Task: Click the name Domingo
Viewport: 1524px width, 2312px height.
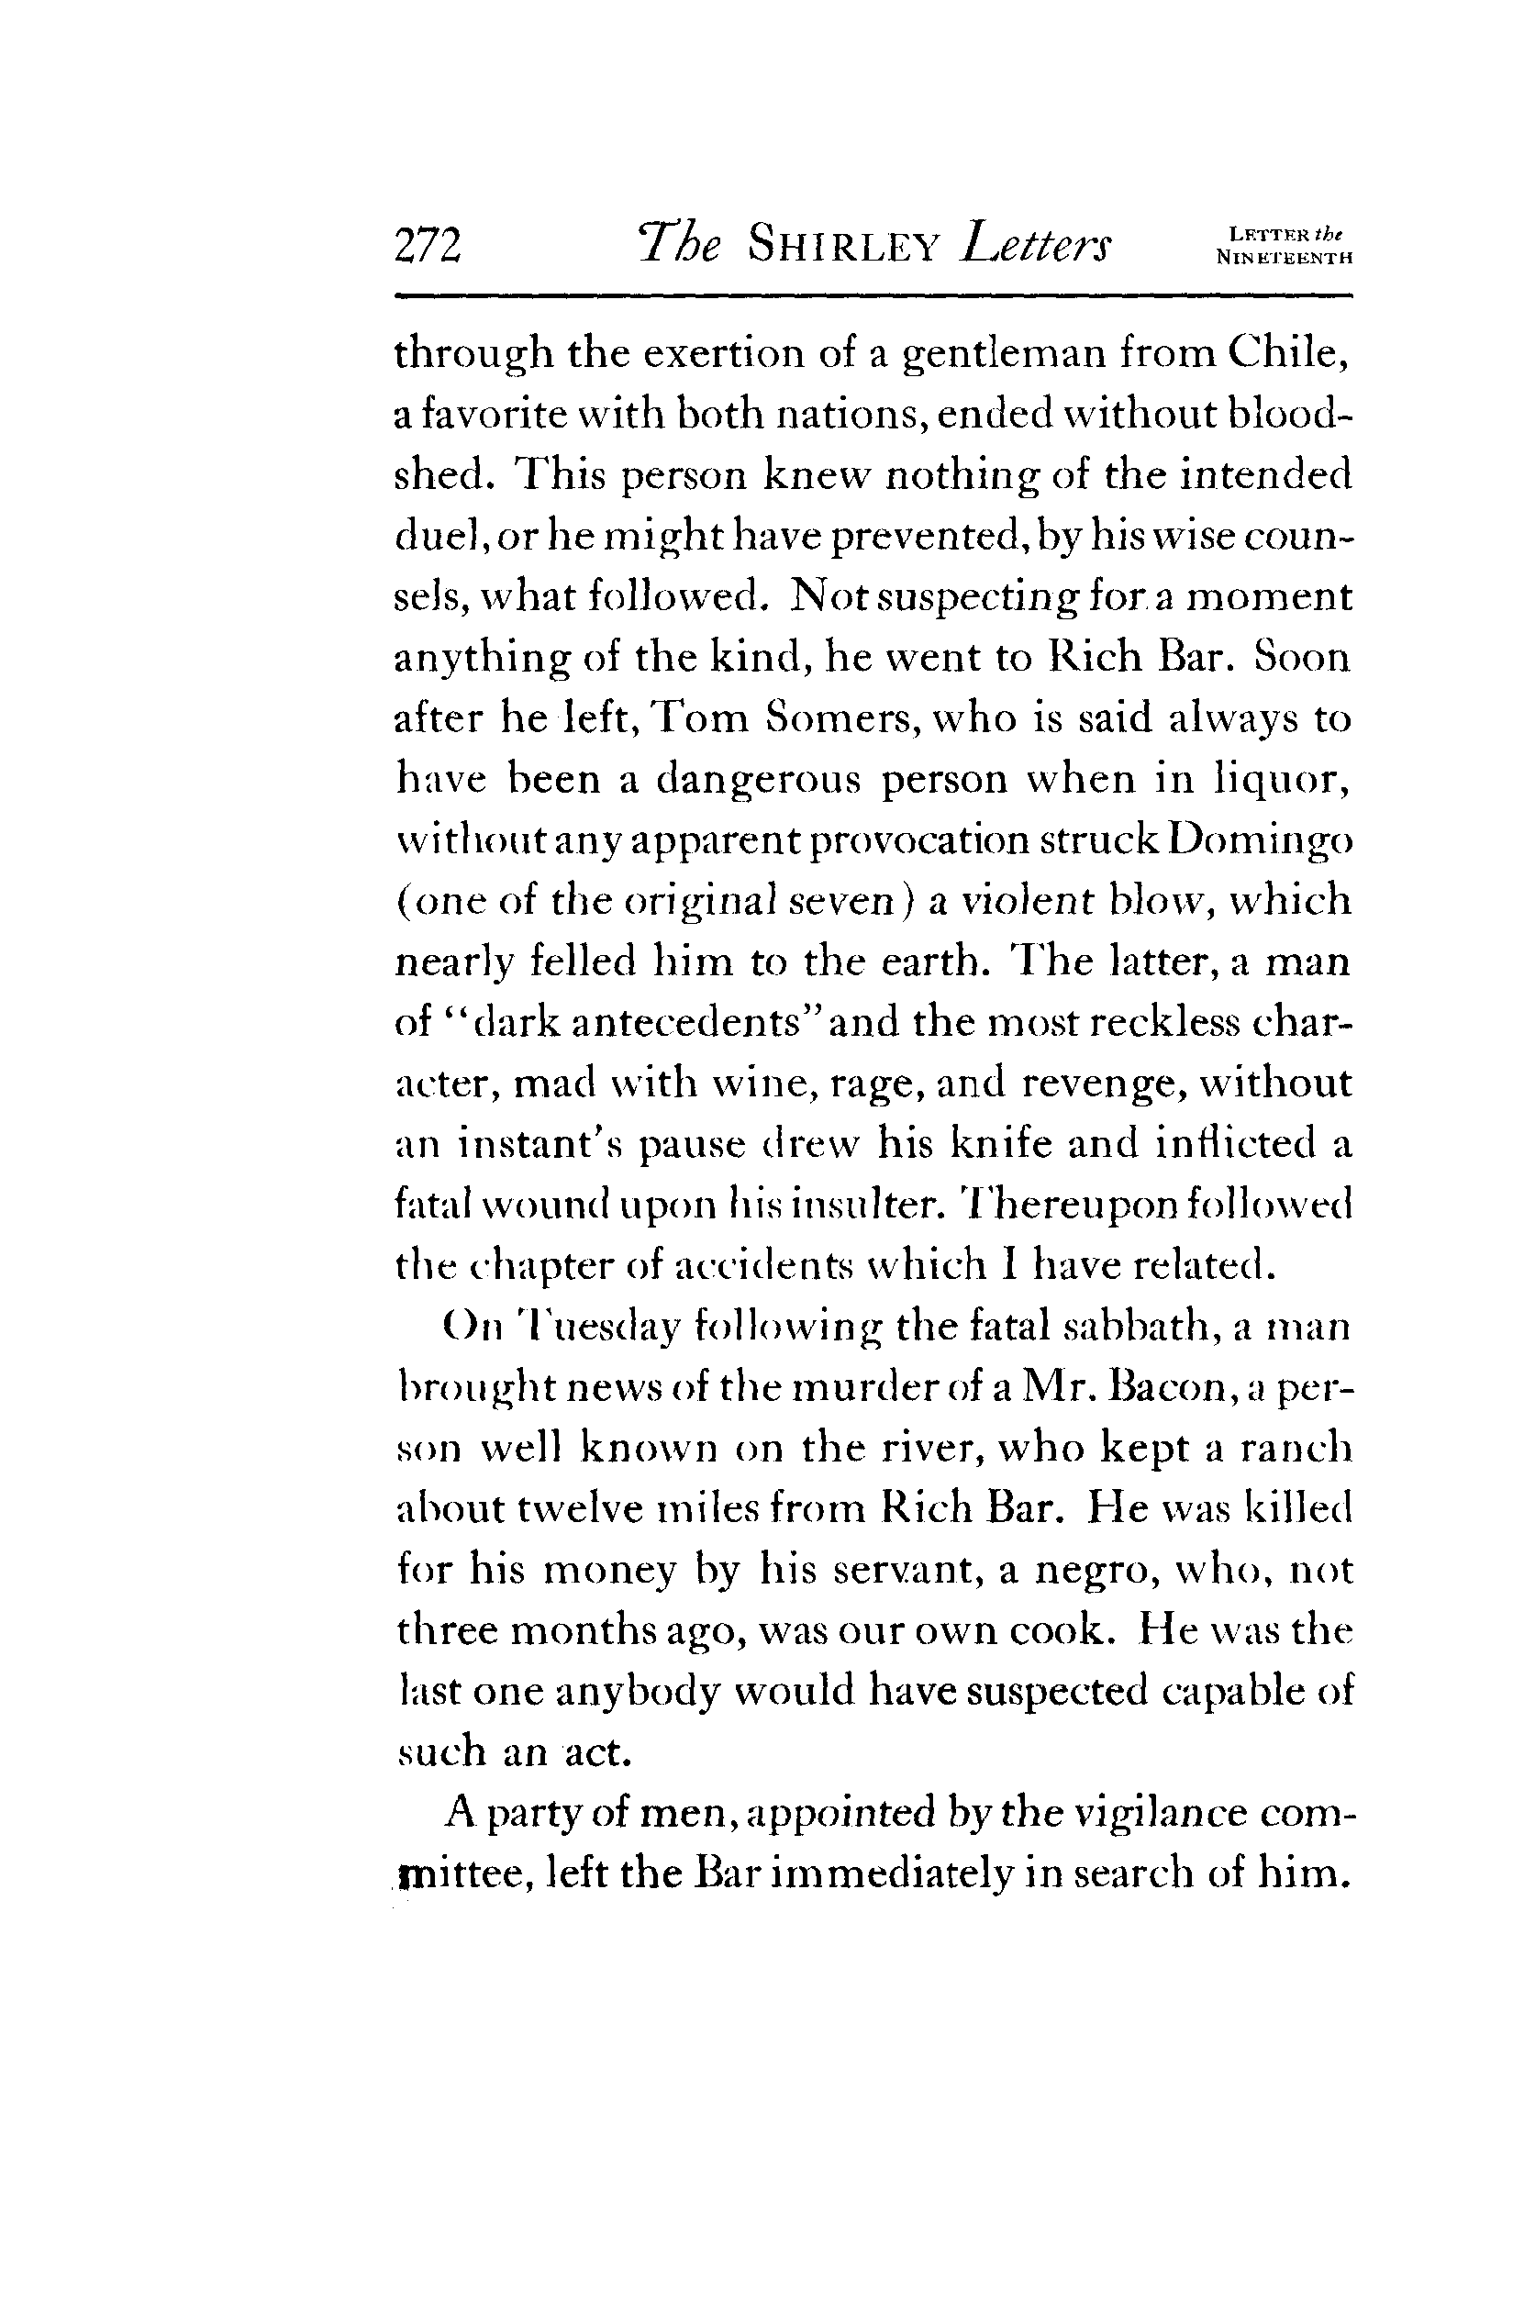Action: [x=1261, y=840]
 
